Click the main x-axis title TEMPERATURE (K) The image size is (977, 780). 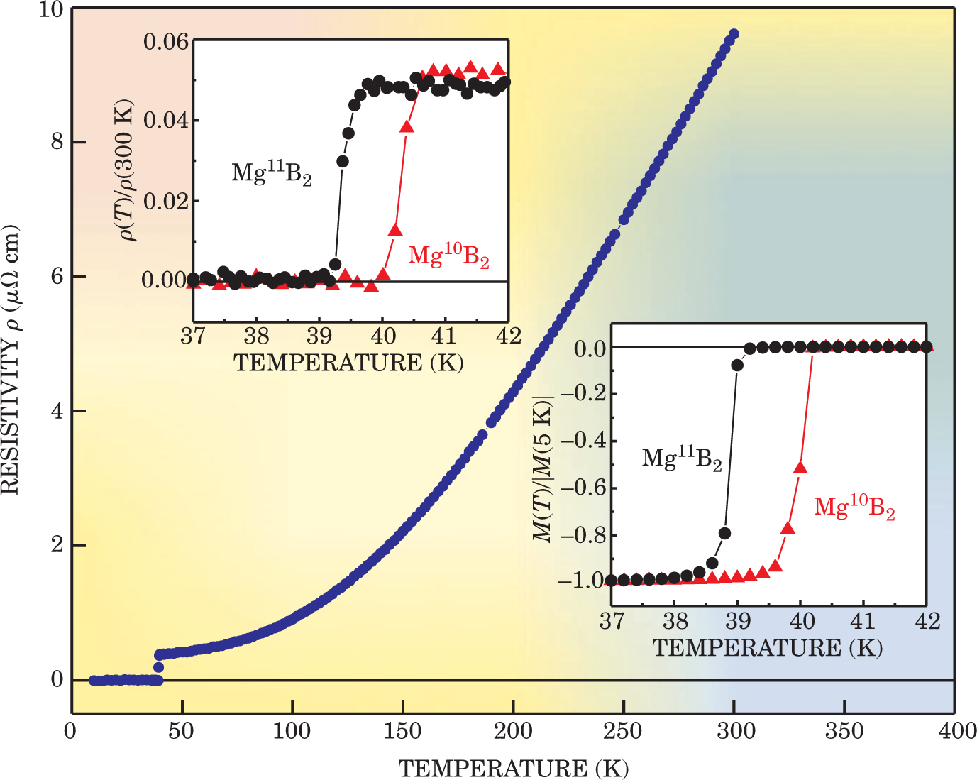(513, 768)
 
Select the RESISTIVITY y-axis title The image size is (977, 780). (10, 360)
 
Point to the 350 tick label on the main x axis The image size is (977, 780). (844, 731)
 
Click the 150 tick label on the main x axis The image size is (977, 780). (402, 731)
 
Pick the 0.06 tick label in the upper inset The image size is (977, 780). (166, 42)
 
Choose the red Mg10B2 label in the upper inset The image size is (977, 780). (448, 256)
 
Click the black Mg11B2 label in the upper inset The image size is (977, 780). (272, 172)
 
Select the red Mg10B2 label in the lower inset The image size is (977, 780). (854, 507)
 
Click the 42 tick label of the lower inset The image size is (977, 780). (926, 622)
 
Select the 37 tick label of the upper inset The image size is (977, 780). (193, 336)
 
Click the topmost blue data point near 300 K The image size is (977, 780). (734, 34)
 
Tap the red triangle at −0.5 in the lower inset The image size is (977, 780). (801, 468)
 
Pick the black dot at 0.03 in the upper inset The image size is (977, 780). (343, 162)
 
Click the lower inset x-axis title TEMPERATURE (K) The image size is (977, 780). (768, 647)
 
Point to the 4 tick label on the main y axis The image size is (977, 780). (57, 411)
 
